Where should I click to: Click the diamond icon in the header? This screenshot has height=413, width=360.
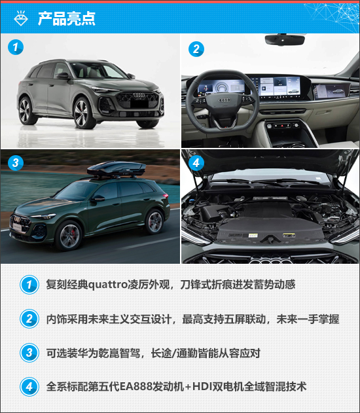pyautogui.click(x=20, y=18)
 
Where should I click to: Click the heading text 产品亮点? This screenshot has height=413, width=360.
pyautogui.click(x=67, y=18)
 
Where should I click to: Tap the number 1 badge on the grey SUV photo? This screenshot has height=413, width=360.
pyautogui.click(x=16, y=47)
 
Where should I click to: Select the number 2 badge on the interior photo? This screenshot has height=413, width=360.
pyautogui.click(x=196, y=49)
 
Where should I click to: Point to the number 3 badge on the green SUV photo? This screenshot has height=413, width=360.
pyautogui.click(x=16, y=162)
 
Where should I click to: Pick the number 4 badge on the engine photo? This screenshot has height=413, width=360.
pyautogui.click(x=196, y=163)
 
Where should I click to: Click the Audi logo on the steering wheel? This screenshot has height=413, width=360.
pyautogui.click(x=225, y=100)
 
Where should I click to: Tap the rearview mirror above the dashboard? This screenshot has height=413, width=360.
pyautogui.click(x=285, y=40)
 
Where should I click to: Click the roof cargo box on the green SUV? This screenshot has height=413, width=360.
pyautogui.click(x=117, y=169)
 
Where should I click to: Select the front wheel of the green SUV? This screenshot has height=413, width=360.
pyautogui.click(x=68, y=236)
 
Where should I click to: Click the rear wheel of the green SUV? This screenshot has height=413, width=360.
pyautogui.click(x=154, y=221)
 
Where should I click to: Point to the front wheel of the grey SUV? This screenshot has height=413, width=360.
pyautogui.click(x=84, y=113)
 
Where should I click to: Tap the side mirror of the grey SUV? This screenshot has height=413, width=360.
pyautogui.click(x=62, y=76)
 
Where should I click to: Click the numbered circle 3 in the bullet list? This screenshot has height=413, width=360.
pyautogui.click(x=29, y=353)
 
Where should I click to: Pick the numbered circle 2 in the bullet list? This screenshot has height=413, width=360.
pyautogui.click(x=29, y=319)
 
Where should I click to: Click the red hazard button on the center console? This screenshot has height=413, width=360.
pyautogui.click(x=282, y=126)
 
